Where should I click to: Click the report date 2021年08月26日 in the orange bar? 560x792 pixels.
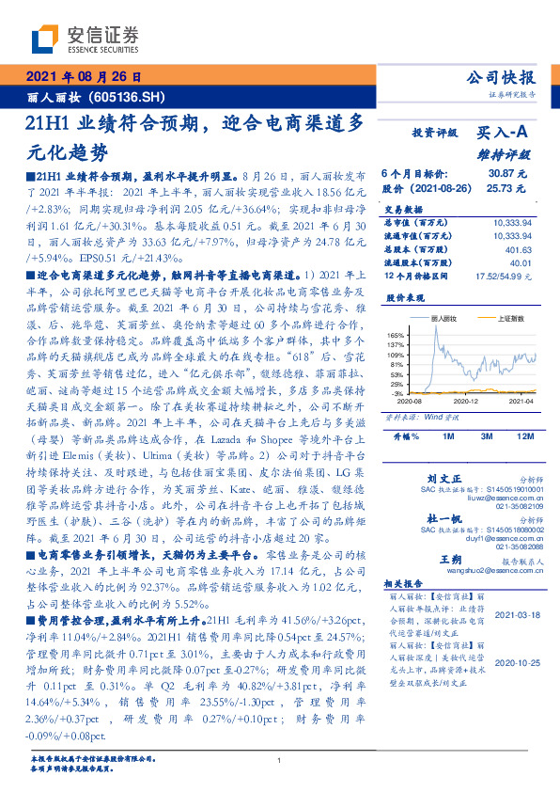click(82, 78)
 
